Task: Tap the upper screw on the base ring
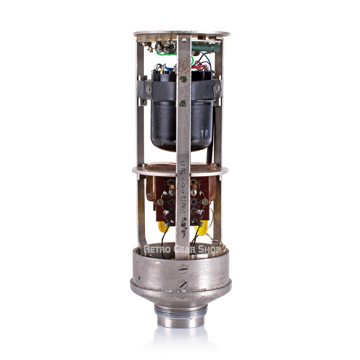click(x=183, y=269)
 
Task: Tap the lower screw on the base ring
click(x=183, y=285)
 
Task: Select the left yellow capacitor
click(x=163, y=227)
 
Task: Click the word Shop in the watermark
click(x=210, y=249)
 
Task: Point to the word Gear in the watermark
click(x=185, y=249)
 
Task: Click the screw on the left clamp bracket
click(x=148, y=89)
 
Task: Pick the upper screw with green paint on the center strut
click(x=183, y=79)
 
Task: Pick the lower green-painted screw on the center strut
click(x=183, y=103)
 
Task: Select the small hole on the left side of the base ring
click(x=138, y=277)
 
